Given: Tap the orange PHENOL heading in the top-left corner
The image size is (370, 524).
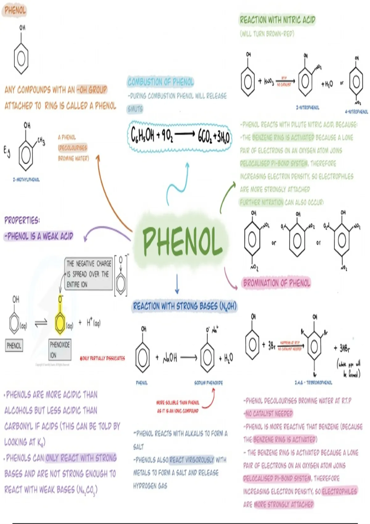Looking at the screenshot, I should pyautogui.click(x=15, y=11).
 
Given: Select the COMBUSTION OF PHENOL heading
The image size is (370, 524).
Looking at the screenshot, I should pyautogui.click(x=161, y=82).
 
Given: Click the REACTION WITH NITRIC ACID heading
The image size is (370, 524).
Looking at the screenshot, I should pyautogui.click(x=277, y=20).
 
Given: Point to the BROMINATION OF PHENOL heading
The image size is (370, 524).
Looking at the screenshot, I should pyautogui.click(x=277, y=283).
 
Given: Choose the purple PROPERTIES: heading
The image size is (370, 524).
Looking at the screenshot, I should pyautogui.click(x=22, y=220).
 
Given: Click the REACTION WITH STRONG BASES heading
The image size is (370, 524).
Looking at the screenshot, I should pyautogui.click(x=184, y=306).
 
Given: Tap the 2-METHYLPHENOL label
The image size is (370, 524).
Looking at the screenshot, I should pyautogui.click(x=26, y=180).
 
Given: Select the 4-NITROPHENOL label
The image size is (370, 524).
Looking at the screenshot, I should pyautogui.click(x=356, y=112).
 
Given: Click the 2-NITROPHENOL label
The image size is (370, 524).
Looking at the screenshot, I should pyautogui.click(x=307, y=108).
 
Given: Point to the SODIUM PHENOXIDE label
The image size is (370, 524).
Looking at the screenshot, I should pyautogui.click(x=208, y=383).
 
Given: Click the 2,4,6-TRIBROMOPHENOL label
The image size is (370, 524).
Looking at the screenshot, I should pyautogui.click(x=313, y=383).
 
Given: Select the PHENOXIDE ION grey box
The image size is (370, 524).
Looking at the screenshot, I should pyautogui.click(x=60, y=350).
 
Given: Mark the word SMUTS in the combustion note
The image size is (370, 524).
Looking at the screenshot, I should pyautogui.click(x=135, y=109).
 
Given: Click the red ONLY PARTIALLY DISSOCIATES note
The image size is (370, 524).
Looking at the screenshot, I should pyautogui.click(x=102, y=358).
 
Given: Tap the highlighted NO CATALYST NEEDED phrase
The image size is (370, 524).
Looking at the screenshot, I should pyautogui.click(x=268, y=413).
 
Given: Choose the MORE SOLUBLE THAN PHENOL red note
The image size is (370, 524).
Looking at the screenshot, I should pyautogui.click(x=178, y=403).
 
